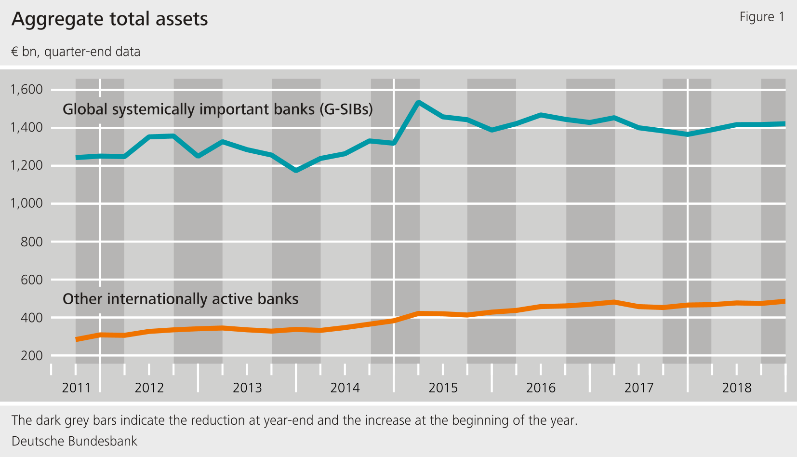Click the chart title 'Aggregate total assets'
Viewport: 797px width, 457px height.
pos(110,19)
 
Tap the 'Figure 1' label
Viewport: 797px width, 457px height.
pos(761,17)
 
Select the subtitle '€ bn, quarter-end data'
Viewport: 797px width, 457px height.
pos(76,52)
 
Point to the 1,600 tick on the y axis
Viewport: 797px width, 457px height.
pos(27,89)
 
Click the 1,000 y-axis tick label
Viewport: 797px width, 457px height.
pos(27,203)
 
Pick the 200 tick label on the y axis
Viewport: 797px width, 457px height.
pos(31,356)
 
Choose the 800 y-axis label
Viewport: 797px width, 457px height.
pos(31,242)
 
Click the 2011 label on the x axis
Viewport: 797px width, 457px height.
pos(76,388)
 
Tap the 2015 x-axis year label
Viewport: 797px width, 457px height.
pos(443,388)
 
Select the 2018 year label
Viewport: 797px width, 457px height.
pos(736,388)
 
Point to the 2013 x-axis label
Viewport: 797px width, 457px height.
pos(247,388)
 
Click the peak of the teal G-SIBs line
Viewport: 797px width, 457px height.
pos(418,102)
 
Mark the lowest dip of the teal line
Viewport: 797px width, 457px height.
pos(296,171)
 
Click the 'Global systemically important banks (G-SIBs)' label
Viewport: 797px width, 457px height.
pos(217,109)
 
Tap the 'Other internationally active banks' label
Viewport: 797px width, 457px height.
pos(180,299)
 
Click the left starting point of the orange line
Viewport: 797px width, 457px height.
pos(77,339)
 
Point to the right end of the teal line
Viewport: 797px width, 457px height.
pos(784,124)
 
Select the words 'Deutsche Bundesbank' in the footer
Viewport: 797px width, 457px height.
pos(74,441)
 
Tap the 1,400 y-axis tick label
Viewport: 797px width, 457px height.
pos(27,127)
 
